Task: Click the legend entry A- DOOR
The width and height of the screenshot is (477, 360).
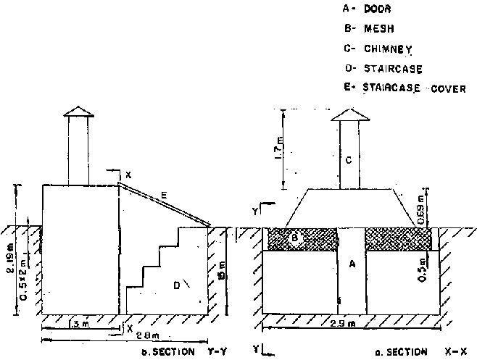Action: coord(369,9)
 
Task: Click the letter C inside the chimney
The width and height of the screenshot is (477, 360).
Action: coord(349,162)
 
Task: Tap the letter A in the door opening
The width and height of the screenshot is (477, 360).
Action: coord(352,265)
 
